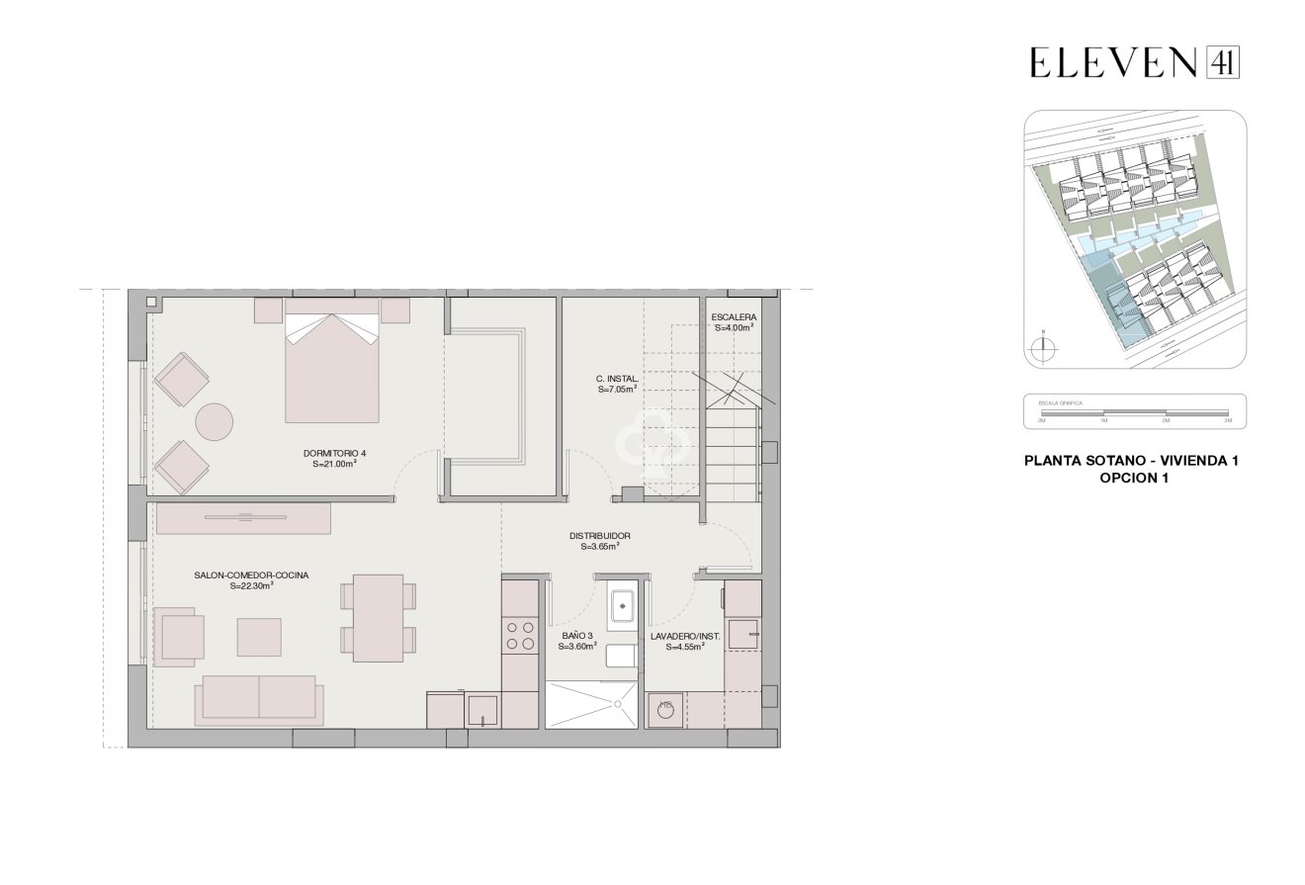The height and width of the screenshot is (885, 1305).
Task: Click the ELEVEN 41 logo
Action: [1134, 62]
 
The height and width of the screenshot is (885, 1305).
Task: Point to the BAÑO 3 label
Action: [577, 642]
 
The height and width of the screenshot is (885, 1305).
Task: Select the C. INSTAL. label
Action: [618, 384]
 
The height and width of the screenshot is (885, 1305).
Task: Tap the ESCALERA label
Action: [734, 321]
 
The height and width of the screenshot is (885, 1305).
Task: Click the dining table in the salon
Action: [378, 617]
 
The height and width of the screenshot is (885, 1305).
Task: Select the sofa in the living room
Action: [259, 698]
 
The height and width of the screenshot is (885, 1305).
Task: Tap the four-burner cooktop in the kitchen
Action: [520, 634]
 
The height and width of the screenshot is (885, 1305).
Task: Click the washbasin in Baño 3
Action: [623, 603]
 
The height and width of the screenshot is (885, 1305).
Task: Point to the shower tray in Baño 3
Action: [591, 703]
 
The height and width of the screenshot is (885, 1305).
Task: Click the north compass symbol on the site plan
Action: [1042, 348]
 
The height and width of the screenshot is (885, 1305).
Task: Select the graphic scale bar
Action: [1135, 411]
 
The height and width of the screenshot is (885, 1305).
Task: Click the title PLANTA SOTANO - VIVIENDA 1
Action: [1131, 461]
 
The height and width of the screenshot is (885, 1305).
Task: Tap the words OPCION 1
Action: [1134, 479]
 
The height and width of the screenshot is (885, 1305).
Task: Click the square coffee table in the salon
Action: [259, 637]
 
